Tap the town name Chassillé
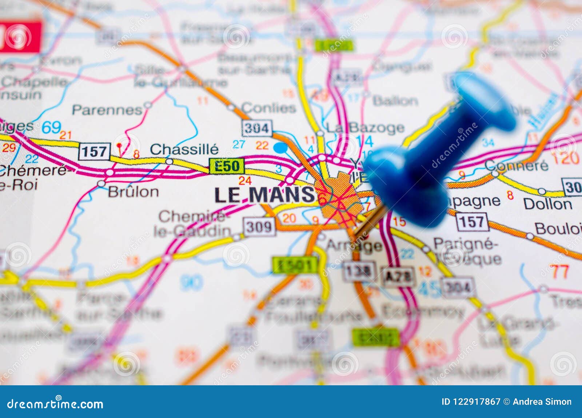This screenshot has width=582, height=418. (184, 149)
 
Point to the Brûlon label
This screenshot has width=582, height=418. (133, 192)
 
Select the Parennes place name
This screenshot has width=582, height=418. (107, 109)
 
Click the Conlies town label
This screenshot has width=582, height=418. (268, 108)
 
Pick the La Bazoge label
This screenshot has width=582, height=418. (365, 128)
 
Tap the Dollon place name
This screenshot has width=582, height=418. (547, 204)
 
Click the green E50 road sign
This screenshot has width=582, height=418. (227, 166)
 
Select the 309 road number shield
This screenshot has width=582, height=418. (259, 227)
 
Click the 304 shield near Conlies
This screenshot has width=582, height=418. (256, 128)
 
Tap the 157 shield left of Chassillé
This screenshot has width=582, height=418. (94, 151)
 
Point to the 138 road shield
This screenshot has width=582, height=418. (358, 271)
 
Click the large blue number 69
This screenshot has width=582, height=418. (51, 127)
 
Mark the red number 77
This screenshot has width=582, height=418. (559, 271)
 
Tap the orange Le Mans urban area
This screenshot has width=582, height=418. (338, 198)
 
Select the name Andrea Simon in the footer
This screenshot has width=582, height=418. (542, 402)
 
